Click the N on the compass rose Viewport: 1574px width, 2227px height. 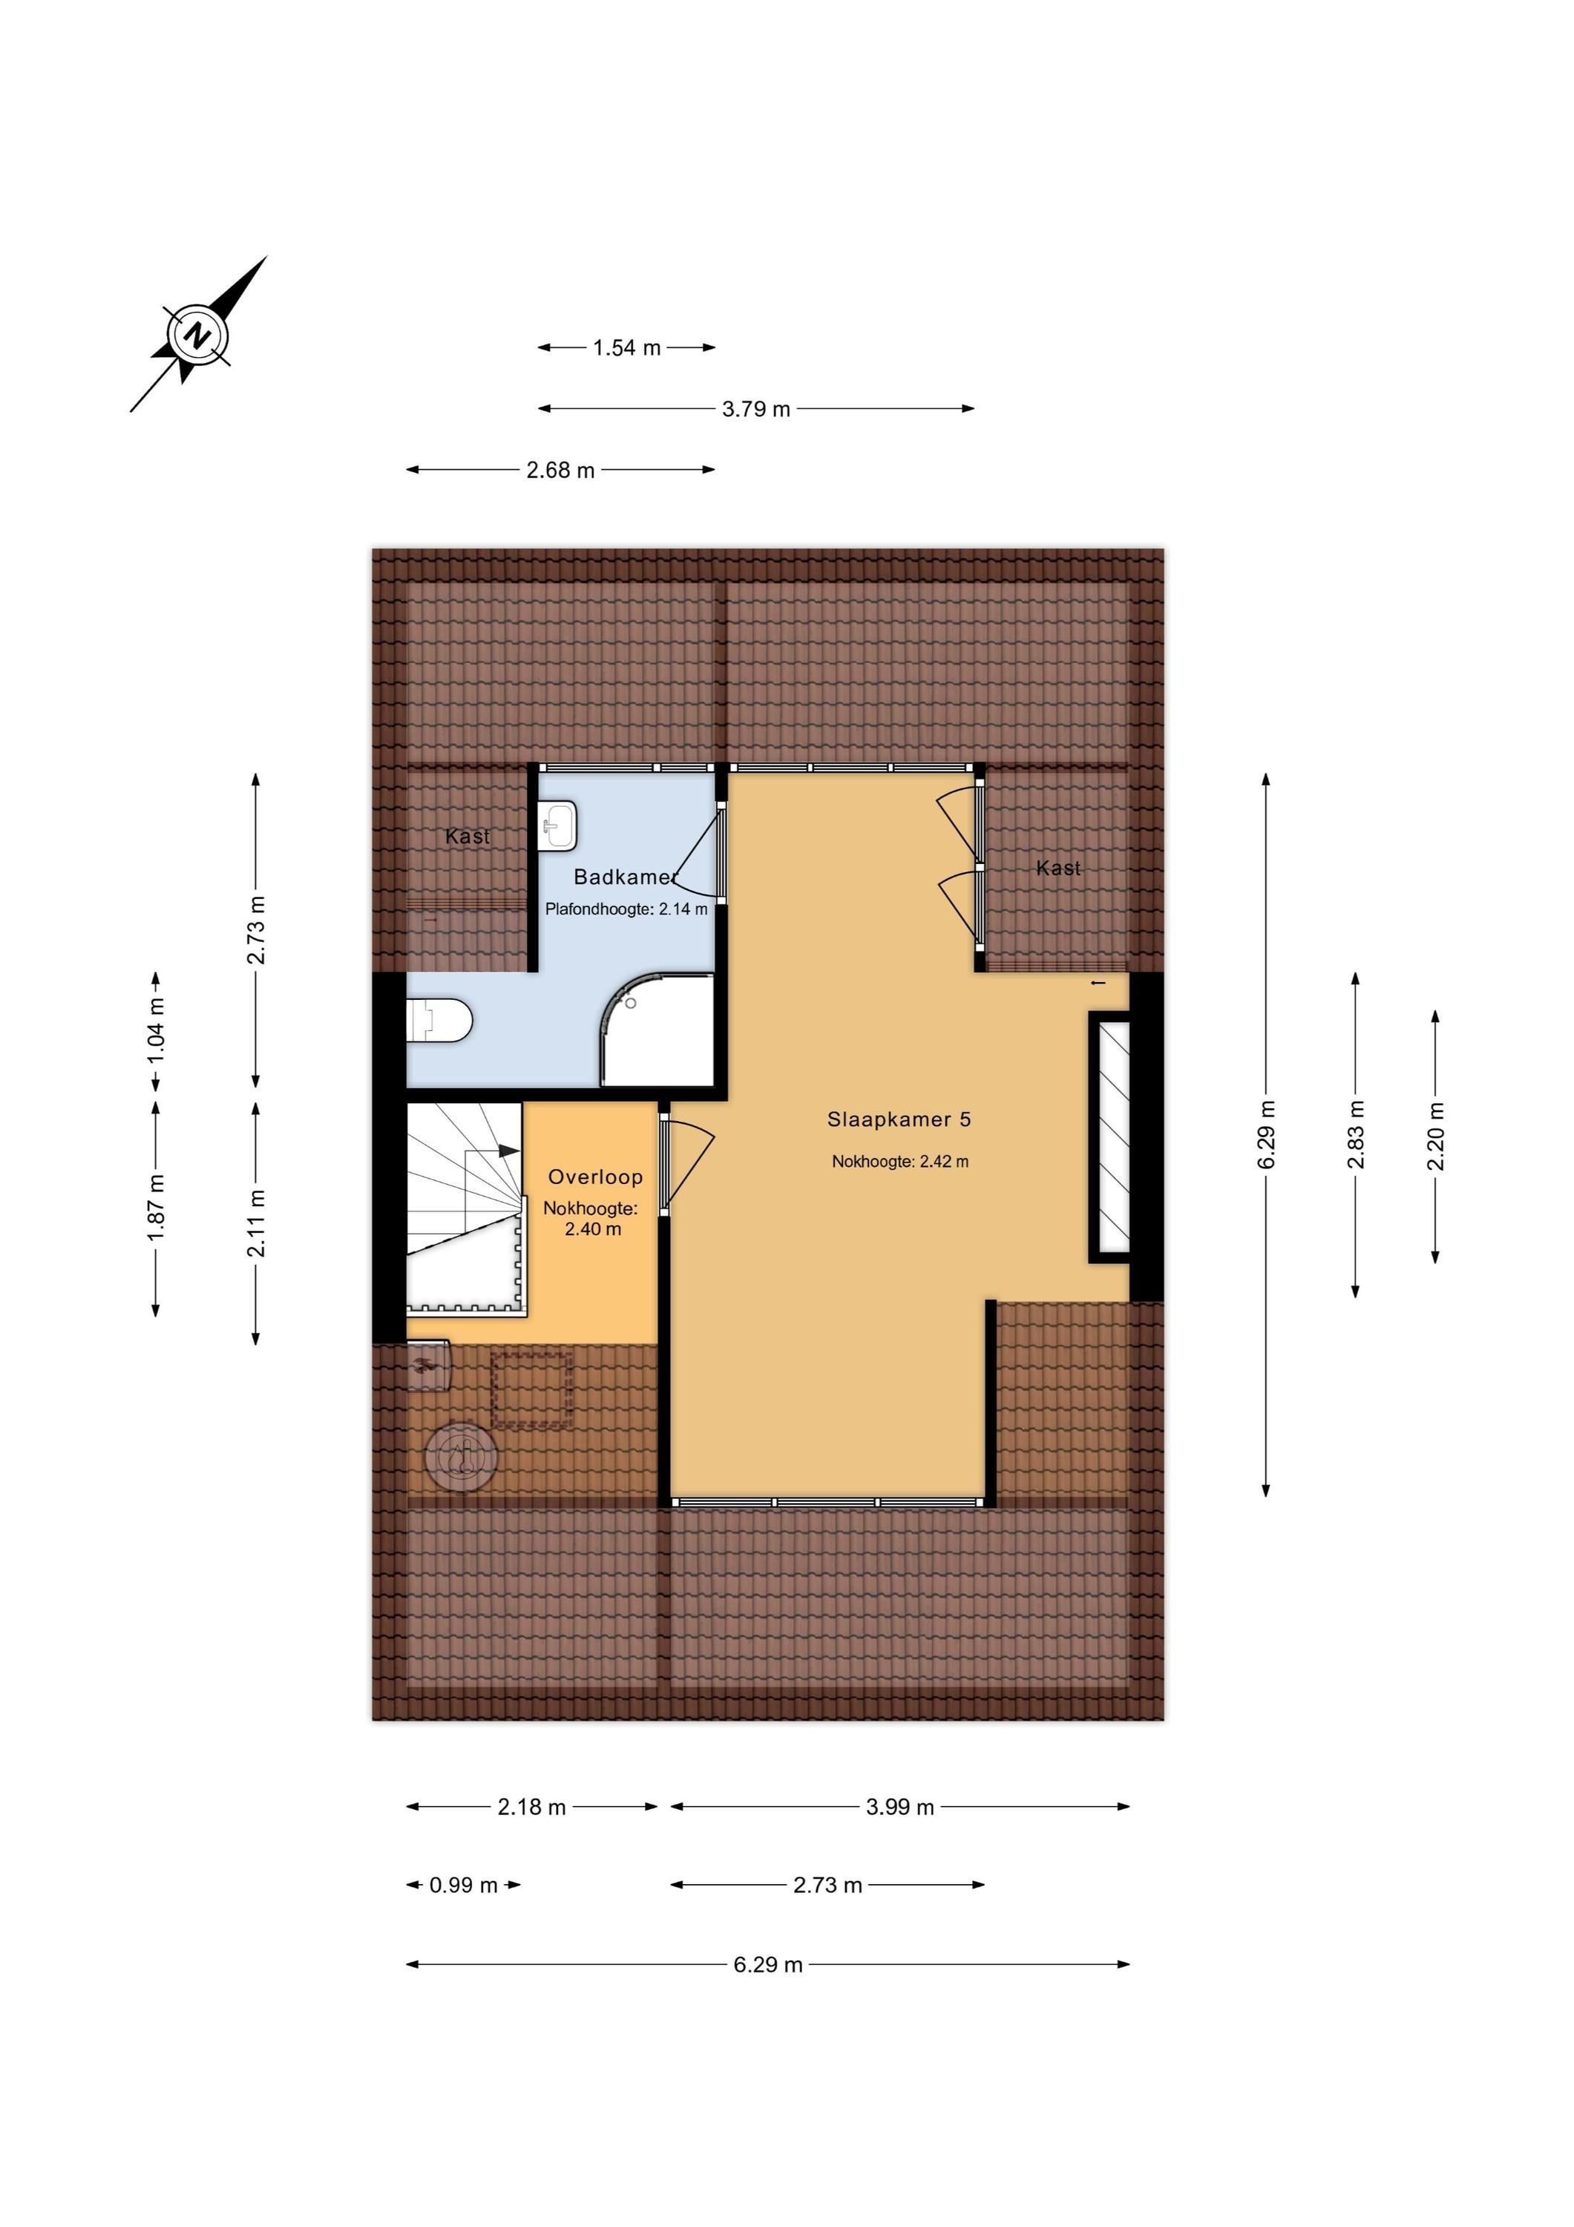point(198,336)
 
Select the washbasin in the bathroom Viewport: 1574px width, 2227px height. point(557,825)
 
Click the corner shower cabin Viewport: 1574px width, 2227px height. point(660,1030)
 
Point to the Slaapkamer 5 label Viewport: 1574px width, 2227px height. point(899,1119)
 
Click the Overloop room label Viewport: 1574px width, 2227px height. point(595,1177)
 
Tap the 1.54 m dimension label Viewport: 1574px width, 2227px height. point(626,347)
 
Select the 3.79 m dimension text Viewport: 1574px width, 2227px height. point(755,409)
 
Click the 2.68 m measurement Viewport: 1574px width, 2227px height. point(560,471)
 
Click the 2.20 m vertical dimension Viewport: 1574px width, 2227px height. point(1435,1136)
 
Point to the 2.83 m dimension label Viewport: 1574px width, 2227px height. point(1356,1134)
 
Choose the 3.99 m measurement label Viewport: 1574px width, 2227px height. point(900,1807)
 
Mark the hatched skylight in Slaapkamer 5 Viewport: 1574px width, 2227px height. point(1109,1137)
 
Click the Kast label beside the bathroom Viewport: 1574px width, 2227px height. point(468,836)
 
